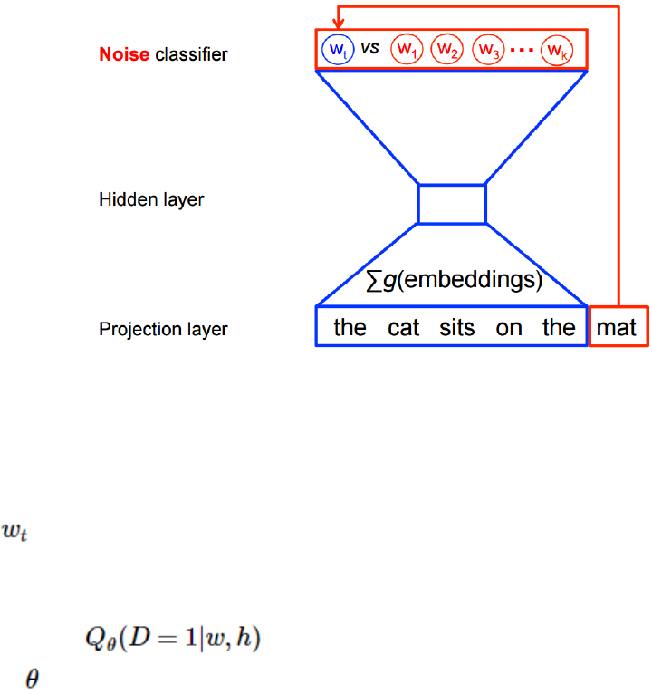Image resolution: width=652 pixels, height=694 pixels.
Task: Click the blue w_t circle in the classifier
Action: point(337,48)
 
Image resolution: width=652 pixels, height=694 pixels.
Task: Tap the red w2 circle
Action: point(446,48)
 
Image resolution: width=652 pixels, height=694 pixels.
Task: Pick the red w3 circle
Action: point(488,48)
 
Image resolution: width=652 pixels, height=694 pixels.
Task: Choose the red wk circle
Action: point(554,48)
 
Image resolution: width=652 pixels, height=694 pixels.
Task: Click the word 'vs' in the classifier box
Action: point(369,47)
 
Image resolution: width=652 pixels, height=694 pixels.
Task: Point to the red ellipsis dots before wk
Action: point(522,49)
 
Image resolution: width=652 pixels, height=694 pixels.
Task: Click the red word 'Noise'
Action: point(123,54)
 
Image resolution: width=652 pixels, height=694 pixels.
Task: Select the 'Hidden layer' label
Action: point(151,199)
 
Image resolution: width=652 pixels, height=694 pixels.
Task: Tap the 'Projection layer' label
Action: point(163,329)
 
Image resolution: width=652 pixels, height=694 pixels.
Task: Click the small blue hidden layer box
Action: point(452,204)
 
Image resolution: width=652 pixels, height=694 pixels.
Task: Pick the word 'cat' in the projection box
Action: point(404,327)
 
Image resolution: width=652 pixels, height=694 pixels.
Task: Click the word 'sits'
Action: point(457,327)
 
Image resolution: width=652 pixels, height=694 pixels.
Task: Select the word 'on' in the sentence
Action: point(509,327)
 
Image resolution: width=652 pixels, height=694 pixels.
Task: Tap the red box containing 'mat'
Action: point(618,326)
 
